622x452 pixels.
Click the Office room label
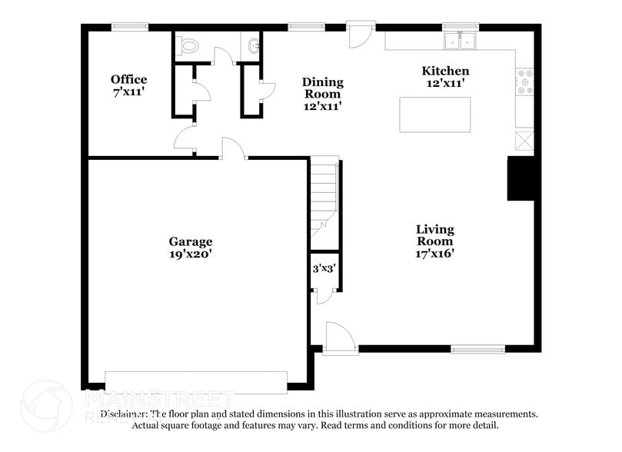pos(128,80)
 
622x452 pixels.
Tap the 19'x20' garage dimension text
pos(191,254)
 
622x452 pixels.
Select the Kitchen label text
pos(445,71)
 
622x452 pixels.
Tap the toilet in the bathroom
pos(187,46)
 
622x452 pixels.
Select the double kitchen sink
pos(461,40)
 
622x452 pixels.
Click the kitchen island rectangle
pos(434,115)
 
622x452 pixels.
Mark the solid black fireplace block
pos(520,178)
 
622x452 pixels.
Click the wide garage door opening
pos(196,382)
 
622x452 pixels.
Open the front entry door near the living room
pos(339,338)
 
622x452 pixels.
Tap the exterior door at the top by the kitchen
pos(360,34)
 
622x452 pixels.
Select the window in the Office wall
pos(129,28)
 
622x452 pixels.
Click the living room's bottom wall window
pos(477,349)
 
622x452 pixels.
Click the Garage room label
pos(191,241)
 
